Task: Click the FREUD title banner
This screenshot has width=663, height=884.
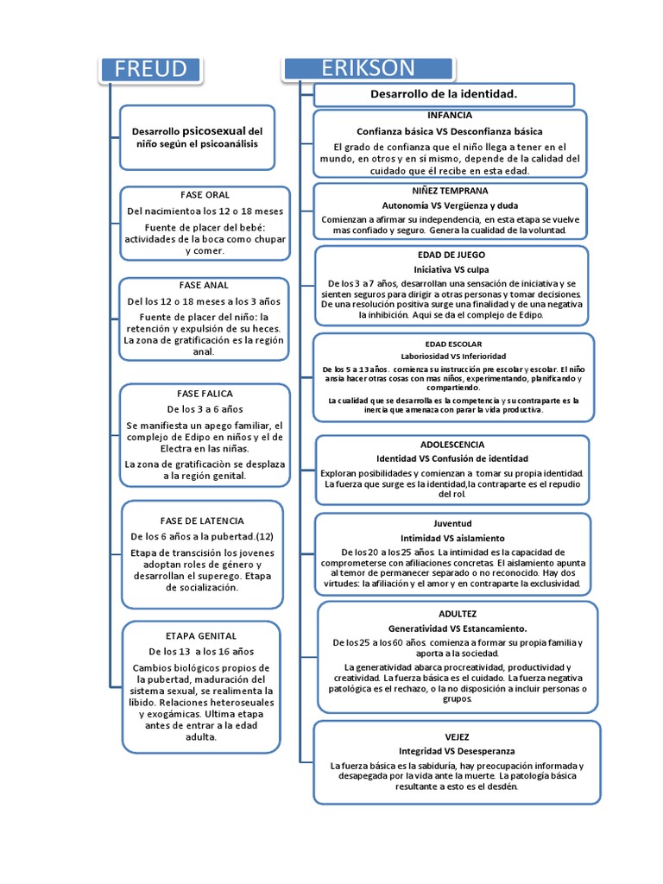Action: click(150, 69)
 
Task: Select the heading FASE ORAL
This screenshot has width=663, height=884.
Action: click(205, 194)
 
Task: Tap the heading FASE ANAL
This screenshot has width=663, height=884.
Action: click(205, 285)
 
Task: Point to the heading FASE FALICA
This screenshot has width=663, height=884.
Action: click(205, 393)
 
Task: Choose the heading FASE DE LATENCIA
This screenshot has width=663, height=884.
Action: click(202, 521)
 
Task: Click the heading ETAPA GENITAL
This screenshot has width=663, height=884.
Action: click(201, 635)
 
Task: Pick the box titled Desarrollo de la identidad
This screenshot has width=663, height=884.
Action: click(444, 93)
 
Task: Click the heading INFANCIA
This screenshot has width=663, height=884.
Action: click(449, 115)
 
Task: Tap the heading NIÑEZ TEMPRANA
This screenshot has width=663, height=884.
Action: click(449, 190)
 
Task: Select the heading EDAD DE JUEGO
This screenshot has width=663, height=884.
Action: click(451, 255)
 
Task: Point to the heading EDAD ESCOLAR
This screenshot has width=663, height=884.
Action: click(453, 344)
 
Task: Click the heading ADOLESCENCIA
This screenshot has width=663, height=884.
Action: click(451, 444)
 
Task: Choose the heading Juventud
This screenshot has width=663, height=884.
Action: click(452, 523)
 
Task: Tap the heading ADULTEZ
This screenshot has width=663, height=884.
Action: click(458, 613)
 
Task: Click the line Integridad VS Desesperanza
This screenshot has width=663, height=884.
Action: click(457, 751)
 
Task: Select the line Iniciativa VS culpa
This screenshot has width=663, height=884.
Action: click(451, 269)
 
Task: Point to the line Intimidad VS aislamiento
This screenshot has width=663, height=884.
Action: click(452, 538)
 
